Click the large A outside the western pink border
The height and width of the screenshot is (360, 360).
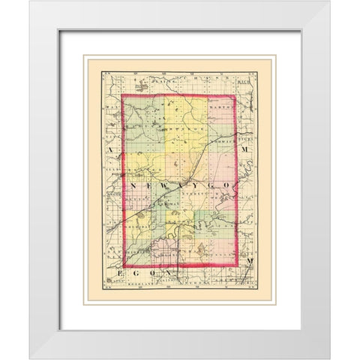[109, 151]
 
